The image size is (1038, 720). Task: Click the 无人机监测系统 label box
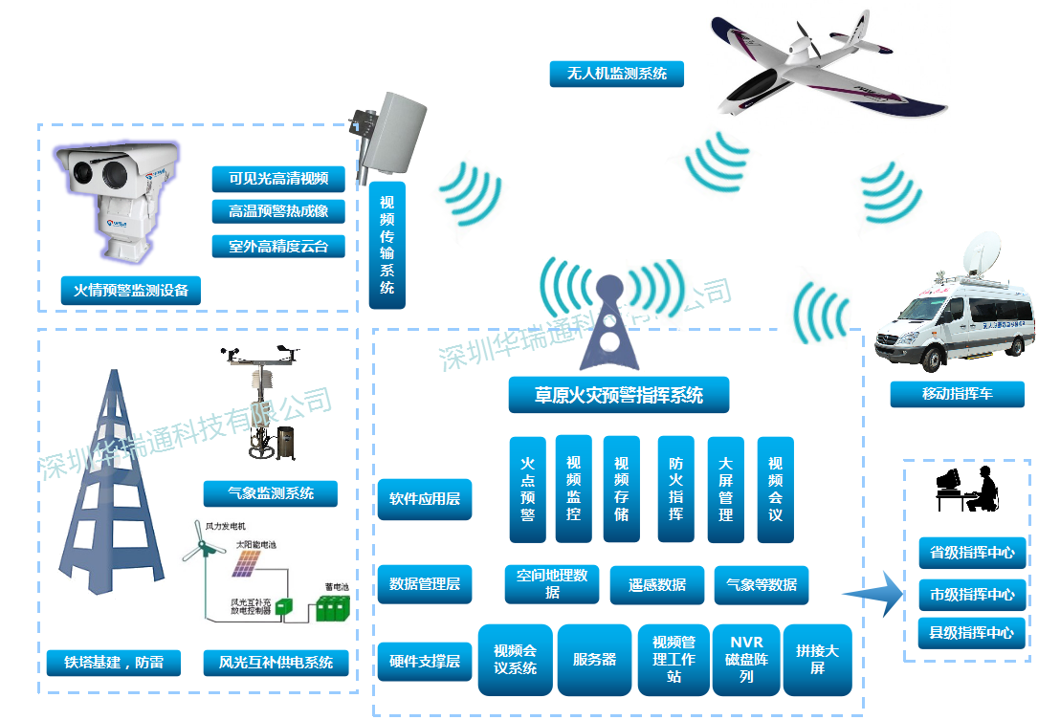pos(616,74)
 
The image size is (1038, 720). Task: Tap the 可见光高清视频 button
pos(278,179)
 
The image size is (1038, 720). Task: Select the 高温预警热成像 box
pos(278,212)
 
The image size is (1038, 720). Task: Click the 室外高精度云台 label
pos(278,246)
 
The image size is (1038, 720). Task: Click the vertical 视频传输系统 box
pos(386,245)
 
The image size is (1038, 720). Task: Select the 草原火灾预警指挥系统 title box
pos(618,395)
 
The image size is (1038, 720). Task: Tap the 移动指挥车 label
pos(943,394)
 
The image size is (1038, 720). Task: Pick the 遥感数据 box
pos(657,585)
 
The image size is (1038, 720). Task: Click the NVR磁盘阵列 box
pos(746,660)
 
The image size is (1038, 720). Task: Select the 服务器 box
pos(594,660)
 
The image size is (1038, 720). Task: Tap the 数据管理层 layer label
pos(425,583)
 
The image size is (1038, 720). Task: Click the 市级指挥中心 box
pos(972,594)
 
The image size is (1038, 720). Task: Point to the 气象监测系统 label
pos(271,493)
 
